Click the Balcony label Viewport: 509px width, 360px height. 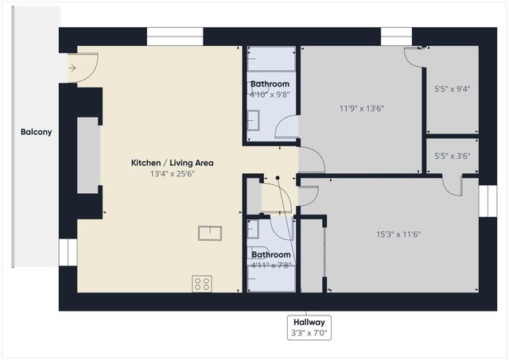click(x=36, y=132)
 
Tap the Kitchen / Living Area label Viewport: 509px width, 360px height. click(x=173, y=163)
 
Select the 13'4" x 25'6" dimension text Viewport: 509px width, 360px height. click(x=173, y=174)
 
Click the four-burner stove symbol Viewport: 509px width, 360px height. click(x=202, y=284)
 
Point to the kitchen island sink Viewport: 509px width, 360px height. click(x=210, y=233)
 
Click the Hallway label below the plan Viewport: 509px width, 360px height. click(x=309, y=322)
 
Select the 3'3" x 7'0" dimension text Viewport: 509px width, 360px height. click(x=309, y=334)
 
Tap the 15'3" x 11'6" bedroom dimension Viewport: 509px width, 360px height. click(x=398, y=234)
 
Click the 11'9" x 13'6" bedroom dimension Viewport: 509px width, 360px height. click(x=362, y=109)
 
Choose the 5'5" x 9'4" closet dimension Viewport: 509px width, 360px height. click(x=453, y=89)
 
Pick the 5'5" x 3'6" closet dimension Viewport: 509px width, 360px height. click(x=453, y=157)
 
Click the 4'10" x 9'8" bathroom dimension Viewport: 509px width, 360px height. click(x=270, y=94)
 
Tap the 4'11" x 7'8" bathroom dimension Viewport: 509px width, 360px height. click(x=270, y=265)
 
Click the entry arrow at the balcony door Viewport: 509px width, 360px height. click(x=72, y=68)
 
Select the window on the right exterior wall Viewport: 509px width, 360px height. click(x=485, y=201)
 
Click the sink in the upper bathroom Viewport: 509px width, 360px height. click(x=253, y=120)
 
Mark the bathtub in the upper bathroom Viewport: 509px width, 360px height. click(x=270, y=60)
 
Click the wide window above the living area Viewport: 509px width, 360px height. click(x=175, y=37)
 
